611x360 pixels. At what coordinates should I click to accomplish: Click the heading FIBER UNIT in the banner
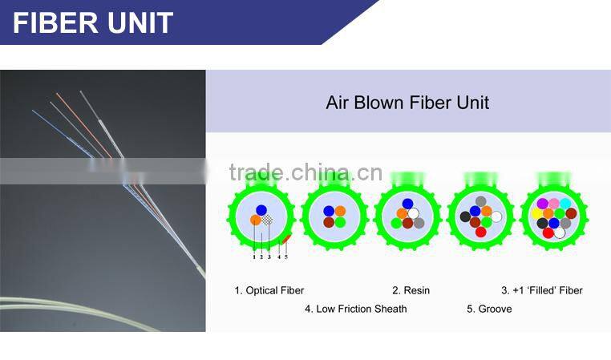coord(93,22)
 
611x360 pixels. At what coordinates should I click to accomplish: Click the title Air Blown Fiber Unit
coord(407,103)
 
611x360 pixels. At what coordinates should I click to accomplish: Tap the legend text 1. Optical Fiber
coord(269,290)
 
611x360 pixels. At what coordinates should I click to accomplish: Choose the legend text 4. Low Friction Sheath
coord(356,309)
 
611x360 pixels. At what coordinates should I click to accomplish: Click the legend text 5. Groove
coord(489,309)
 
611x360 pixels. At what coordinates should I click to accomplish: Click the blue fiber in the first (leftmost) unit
coord(261,210)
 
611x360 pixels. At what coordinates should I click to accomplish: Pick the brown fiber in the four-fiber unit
coord(329,222)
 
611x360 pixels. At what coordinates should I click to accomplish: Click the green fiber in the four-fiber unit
coord(341,222)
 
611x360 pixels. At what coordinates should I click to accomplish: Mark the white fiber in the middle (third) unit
coord(413,213)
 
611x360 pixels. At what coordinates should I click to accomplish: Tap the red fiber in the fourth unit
coord(481,232)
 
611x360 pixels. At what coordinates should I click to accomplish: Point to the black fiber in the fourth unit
coord(465,216)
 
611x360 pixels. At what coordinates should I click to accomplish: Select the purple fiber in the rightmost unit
coord(542,203)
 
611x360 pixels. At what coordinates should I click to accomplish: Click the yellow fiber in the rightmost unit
coord(536,213)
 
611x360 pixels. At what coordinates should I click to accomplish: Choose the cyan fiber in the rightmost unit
coord(565,203)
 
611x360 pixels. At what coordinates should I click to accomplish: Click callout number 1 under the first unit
coord(254,257)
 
